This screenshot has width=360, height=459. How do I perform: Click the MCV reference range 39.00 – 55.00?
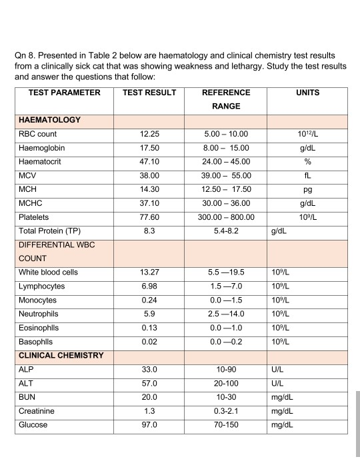pos(226,176)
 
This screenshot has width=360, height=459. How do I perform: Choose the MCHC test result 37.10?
pos(149,203)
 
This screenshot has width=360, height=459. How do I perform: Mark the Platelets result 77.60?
pos(149,217)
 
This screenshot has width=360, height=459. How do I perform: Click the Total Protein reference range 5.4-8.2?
pos(226,231)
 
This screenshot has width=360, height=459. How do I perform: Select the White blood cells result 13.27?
pos(149,272)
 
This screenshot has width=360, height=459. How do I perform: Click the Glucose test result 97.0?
pos(149,424)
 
